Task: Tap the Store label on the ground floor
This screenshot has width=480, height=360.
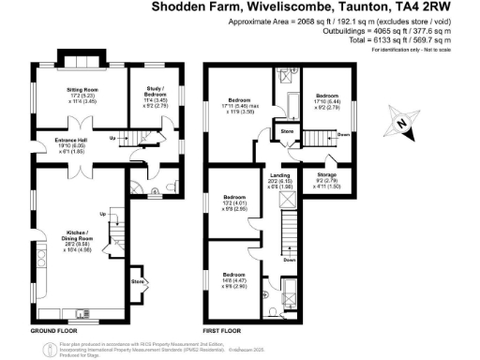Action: coord(138,279)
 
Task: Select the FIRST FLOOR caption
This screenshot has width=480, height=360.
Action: coord(224,332)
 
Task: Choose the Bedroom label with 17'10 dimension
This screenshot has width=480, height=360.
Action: coord(326,96)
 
